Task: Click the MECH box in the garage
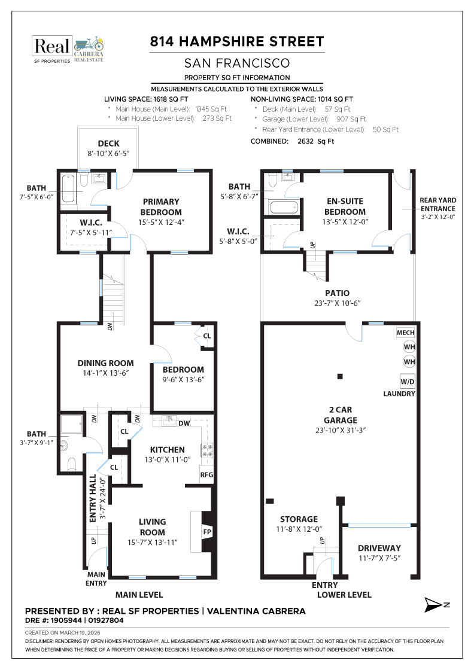pos(405,333)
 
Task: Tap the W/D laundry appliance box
pos(408,380)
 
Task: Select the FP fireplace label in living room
pos(207,531)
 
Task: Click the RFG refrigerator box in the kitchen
pos(206,476)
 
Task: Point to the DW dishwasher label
pos(185,423)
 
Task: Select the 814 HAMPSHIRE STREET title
pos(237,41)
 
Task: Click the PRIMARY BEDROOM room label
pos(161,207)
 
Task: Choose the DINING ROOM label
pos(105,363)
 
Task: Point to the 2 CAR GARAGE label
pos(337,415)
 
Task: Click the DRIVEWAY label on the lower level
pos(379,548)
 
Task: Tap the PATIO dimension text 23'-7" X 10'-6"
pos(338,303)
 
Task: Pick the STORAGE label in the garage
pos(299,519)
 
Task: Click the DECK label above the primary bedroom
pos(108,144)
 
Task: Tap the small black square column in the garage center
pos(340,376)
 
